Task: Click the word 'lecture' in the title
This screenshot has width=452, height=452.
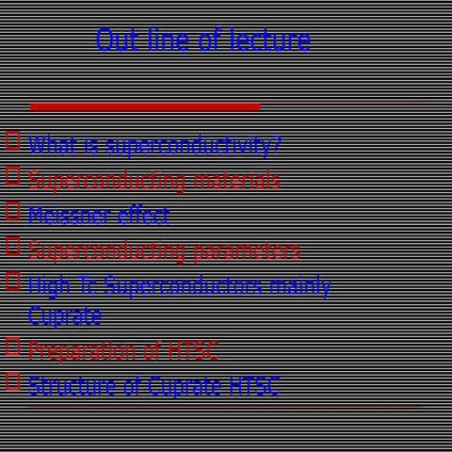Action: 273,40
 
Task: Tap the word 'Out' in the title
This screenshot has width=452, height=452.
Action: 117,40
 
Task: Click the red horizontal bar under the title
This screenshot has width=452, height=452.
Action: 145,106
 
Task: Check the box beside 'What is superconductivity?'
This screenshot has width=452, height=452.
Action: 13,141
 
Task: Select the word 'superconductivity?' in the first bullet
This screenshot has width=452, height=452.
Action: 193,145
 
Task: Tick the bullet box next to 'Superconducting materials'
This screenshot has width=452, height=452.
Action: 13,175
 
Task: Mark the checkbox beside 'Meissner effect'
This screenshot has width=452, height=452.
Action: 13,211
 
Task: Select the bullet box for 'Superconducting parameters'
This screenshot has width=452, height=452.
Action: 13,247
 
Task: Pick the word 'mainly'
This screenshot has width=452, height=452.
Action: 300,286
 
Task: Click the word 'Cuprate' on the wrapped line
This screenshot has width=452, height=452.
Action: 65,316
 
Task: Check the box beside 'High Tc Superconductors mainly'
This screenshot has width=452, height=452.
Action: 13,281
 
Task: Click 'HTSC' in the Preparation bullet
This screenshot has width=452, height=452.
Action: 193,351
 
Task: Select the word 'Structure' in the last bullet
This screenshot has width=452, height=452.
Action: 73,386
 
